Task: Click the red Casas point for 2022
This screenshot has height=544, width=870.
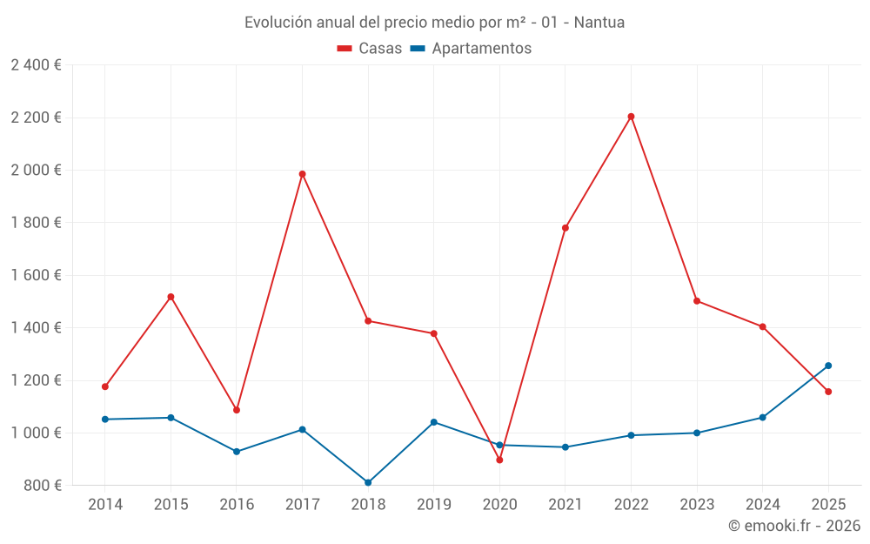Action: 631,117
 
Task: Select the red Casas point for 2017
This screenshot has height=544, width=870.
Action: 302,174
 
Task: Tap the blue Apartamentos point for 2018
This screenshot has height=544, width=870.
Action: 368,482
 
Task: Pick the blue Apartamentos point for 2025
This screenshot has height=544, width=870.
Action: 828,366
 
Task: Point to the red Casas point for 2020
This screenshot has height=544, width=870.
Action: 499,460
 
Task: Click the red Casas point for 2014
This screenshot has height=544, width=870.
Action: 105,386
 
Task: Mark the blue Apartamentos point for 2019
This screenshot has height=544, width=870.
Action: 434,422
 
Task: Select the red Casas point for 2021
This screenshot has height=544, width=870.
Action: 565,228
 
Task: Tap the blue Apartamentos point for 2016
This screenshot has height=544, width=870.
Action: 237,452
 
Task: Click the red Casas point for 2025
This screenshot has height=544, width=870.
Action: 828,392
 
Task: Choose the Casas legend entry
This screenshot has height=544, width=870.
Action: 370,49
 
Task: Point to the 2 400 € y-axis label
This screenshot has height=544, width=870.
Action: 36,65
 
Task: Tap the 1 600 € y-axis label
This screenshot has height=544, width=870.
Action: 36,275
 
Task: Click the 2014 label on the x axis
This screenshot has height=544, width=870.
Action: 105,504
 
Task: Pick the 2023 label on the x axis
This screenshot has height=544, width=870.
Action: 697,504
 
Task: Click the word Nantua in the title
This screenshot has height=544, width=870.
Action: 600,23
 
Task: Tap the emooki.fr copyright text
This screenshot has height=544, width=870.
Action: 794,526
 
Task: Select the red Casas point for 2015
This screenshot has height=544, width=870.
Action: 171,297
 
